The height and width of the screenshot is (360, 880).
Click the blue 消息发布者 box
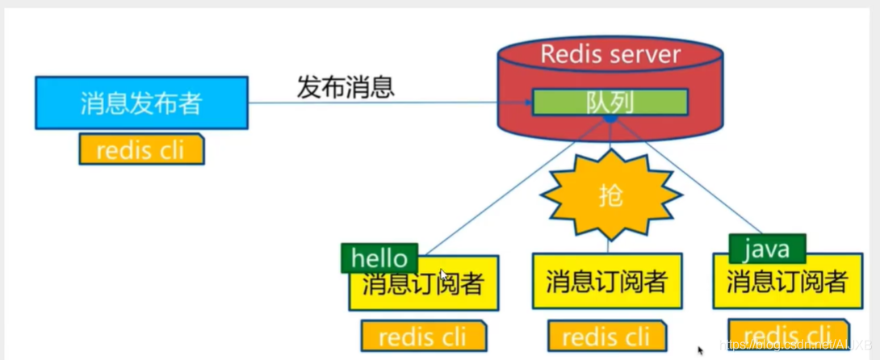(141, 103)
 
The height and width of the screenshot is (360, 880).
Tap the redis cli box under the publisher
(141, 150)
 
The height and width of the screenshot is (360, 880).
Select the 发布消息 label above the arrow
(346, 86)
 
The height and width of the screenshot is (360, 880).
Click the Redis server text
(610, 55)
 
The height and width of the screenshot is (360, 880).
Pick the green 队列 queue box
(610, 103)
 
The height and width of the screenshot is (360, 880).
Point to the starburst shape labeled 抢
(610, 195)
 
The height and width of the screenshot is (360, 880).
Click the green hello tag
(379, 258)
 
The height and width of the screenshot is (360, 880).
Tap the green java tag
(766, 249)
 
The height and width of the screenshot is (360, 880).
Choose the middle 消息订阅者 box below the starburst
(607, 282)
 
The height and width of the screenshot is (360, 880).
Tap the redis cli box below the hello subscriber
(424, 336)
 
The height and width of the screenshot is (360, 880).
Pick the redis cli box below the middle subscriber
(607, 336)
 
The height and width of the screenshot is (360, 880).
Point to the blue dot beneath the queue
(610, 119)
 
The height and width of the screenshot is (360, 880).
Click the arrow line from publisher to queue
(388, 103)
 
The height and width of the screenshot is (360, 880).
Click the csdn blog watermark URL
(795, 345)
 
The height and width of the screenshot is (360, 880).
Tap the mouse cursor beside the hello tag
(443, 274)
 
